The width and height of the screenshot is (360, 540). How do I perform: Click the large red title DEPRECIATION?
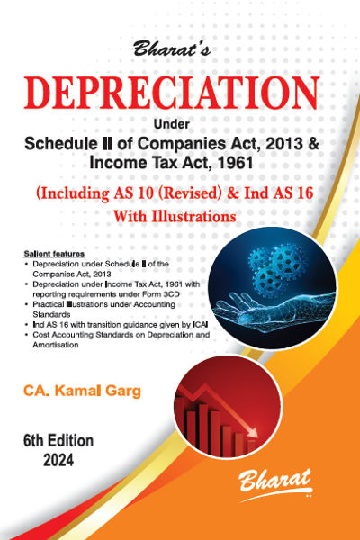pos(171,93)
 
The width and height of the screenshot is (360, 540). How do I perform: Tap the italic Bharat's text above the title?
pos(171,49)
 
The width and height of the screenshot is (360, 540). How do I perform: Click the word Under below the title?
pos(171,124)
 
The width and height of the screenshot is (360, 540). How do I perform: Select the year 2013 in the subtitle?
pos(282,144)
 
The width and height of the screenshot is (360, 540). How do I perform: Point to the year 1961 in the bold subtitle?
pos(237,163)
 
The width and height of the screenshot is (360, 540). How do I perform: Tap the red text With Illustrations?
pos(175,216)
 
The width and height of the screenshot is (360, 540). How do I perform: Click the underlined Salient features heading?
pos(54,254)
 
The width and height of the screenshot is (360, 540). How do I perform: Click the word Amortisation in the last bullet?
pos(56,345)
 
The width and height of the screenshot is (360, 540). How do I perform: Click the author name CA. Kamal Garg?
pos(82,391)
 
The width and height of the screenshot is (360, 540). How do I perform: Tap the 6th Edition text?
pos(58,441)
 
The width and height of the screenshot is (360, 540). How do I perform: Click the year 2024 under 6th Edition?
pos(58,460)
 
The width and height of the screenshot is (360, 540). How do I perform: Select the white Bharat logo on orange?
pos(275,482)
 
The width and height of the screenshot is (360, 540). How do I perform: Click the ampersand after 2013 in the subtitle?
pos(311,144)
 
